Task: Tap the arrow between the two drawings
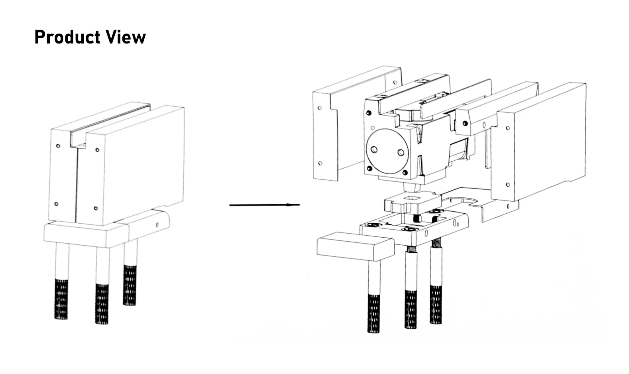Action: [x=264, y=205]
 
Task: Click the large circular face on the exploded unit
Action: [x=387, y=151]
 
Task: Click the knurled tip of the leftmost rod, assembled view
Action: [x=61, y=299]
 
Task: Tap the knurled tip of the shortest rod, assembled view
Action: [x=130, y=285]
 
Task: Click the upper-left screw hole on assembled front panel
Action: [x=58, y=146]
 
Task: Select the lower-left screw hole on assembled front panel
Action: [x=56, y=204]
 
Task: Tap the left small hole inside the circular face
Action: [x=374, y=150]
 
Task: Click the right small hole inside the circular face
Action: [x=401, y=152]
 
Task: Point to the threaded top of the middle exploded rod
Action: [x=411, y=250]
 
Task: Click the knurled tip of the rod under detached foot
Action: [x=373, y=313]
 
